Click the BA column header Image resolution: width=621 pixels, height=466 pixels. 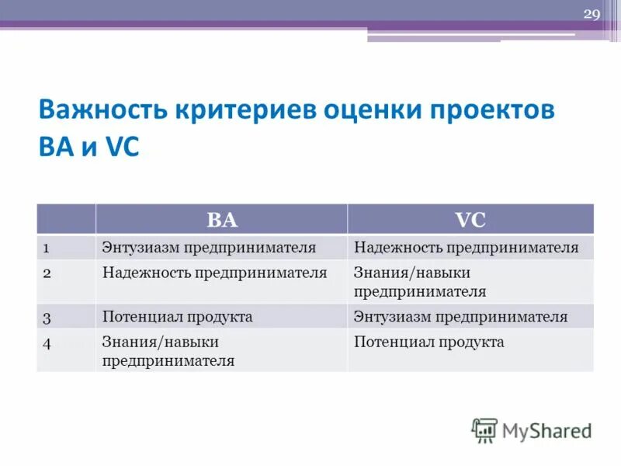tap(221, 220)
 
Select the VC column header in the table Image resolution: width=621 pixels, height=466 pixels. tap(470, 220)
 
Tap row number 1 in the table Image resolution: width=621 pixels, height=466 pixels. tap(47, 248)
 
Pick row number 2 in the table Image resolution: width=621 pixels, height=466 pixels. tap(47, 273)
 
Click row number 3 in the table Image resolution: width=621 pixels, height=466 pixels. tap(47, 317)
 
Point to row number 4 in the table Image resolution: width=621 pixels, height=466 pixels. tap(47, 343)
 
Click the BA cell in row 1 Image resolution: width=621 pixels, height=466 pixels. tap(209, 248)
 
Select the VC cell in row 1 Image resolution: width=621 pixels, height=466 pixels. tap(466, 248)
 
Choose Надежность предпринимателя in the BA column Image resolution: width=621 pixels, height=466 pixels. tap(214, 273)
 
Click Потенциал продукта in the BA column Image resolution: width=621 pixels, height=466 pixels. tap(177, 317)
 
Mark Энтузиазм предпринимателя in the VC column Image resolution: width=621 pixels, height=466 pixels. tap(460, 317)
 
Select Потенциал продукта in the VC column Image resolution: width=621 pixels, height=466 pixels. tap(428, 342)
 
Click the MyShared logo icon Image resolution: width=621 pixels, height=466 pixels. tap(484, 430)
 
